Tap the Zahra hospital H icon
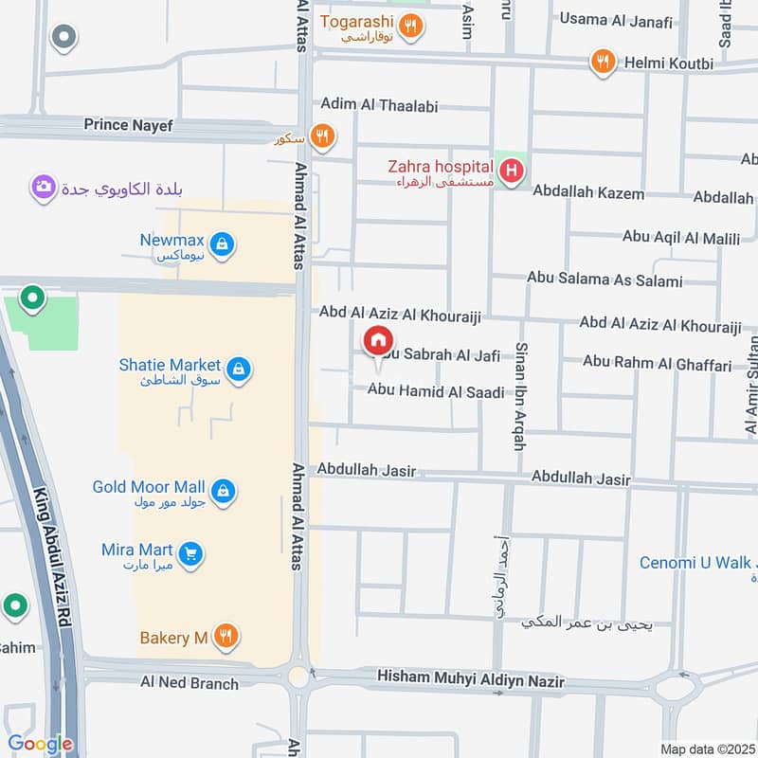[x=512, y=171]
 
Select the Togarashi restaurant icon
[x=410, y=27]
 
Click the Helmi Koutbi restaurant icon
[x=603, y=63]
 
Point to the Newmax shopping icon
[x=222, y=245]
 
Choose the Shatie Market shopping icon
[x=239, y=369]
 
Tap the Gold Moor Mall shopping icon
[x=223, y=491]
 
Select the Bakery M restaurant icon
[x=225, y=636]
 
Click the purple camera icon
[x=43, y=188]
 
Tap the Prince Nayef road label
[x=128, y=124]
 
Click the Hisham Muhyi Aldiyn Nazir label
[x=470, y=680]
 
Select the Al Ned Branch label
[x=189, y=682]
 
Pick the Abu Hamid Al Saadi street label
[x=435, y=390]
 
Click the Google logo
[x=40, y=744]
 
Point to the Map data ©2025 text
[x=705, y=749]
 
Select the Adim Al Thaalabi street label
[x=379, y=106]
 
